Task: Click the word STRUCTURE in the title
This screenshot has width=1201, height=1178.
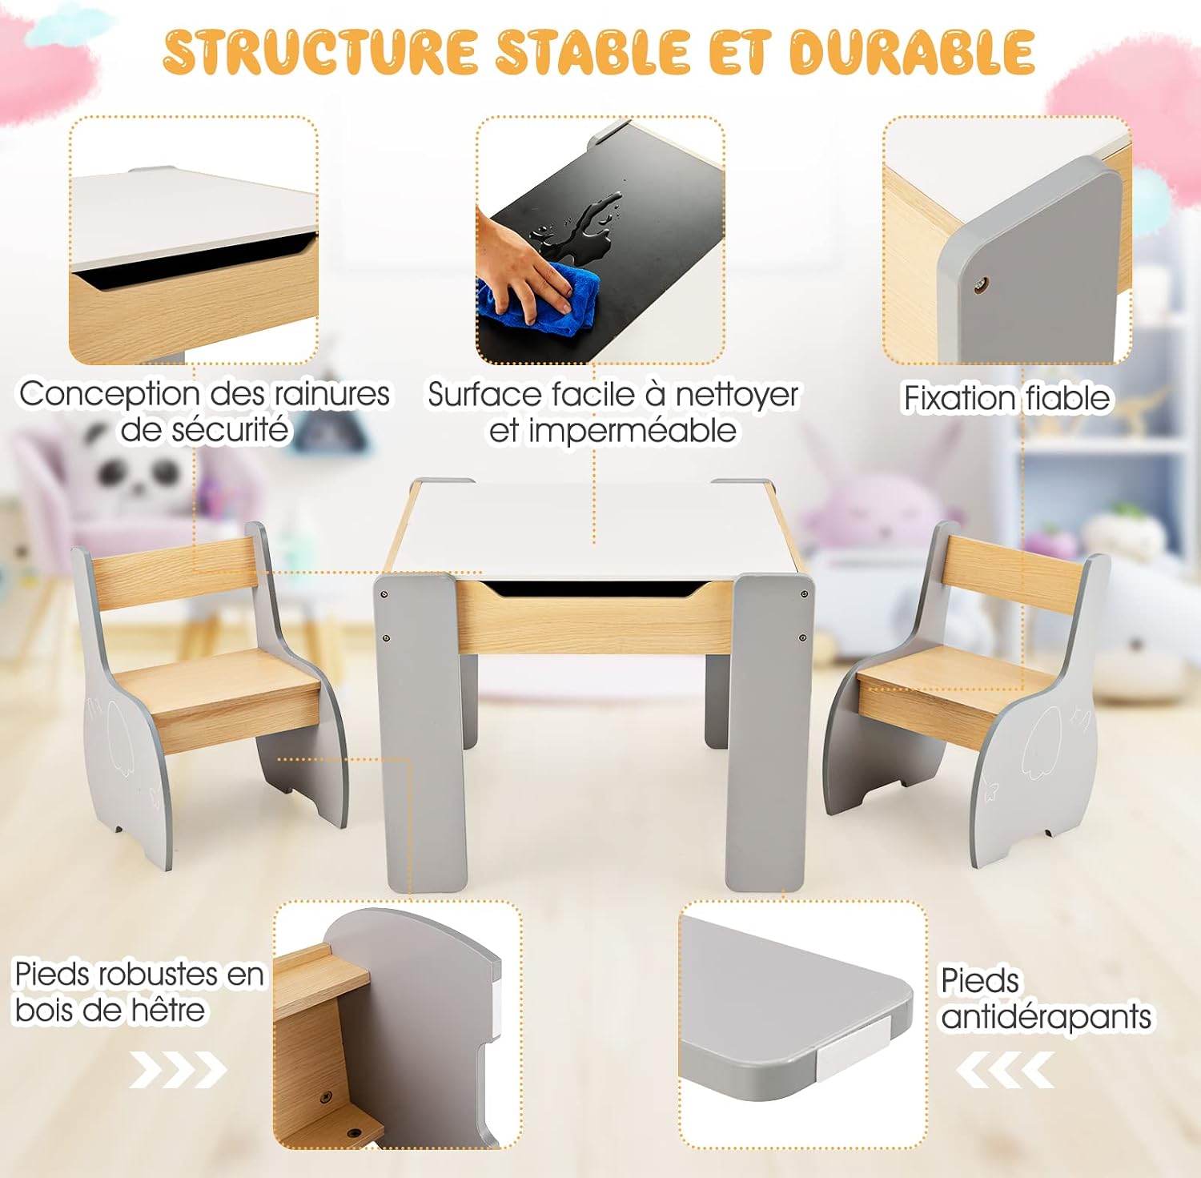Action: (320, 53)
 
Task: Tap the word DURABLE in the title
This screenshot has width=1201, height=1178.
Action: (912, 53)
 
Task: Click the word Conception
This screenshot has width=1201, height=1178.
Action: (110, 395)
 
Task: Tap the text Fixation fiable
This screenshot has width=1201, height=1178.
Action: (1006, 398)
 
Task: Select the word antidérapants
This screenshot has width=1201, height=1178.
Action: (1046, 1017)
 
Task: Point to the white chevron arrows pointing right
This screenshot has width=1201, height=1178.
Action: (179, 1071)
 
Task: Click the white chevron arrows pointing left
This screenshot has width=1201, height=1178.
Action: (1005, 1071)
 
